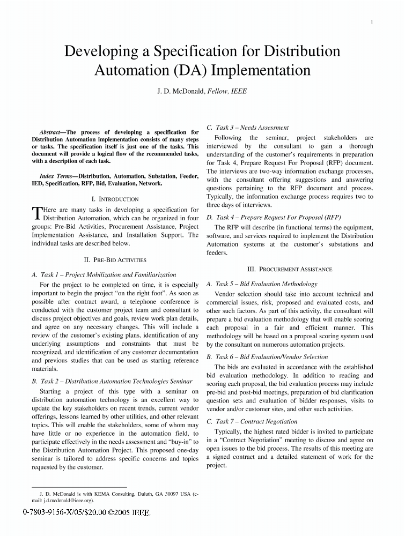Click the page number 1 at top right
[x=371, y=21]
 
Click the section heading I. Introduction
[x=115, y=199]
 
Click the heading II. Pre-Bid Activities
[x=115, y=260]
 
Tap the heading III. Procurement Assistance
[x=290, y=269]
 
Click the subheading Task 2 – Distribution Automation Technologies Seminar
[x=112, y=382]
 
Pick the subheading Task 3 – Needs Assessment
[x=247, y=128]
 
